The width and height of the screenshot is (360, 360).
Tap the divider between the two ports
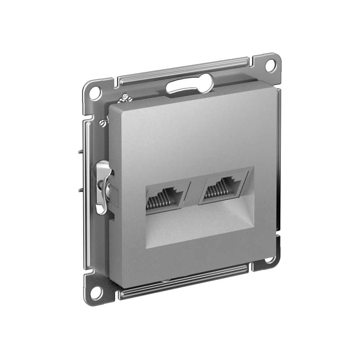point(194,193)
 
